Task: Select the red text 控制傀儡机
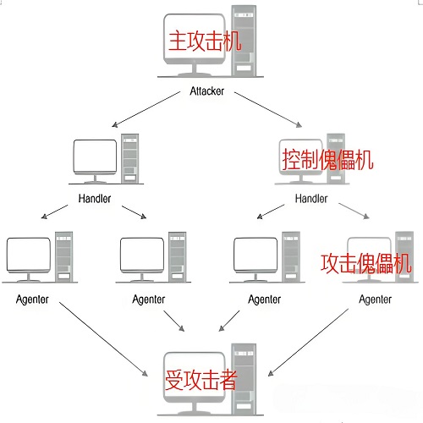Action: tap(326, 157)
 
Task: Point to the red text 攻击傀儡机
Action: tap(365, 262)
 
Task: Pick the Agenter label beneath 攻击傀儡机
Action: tap(375, 299)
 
